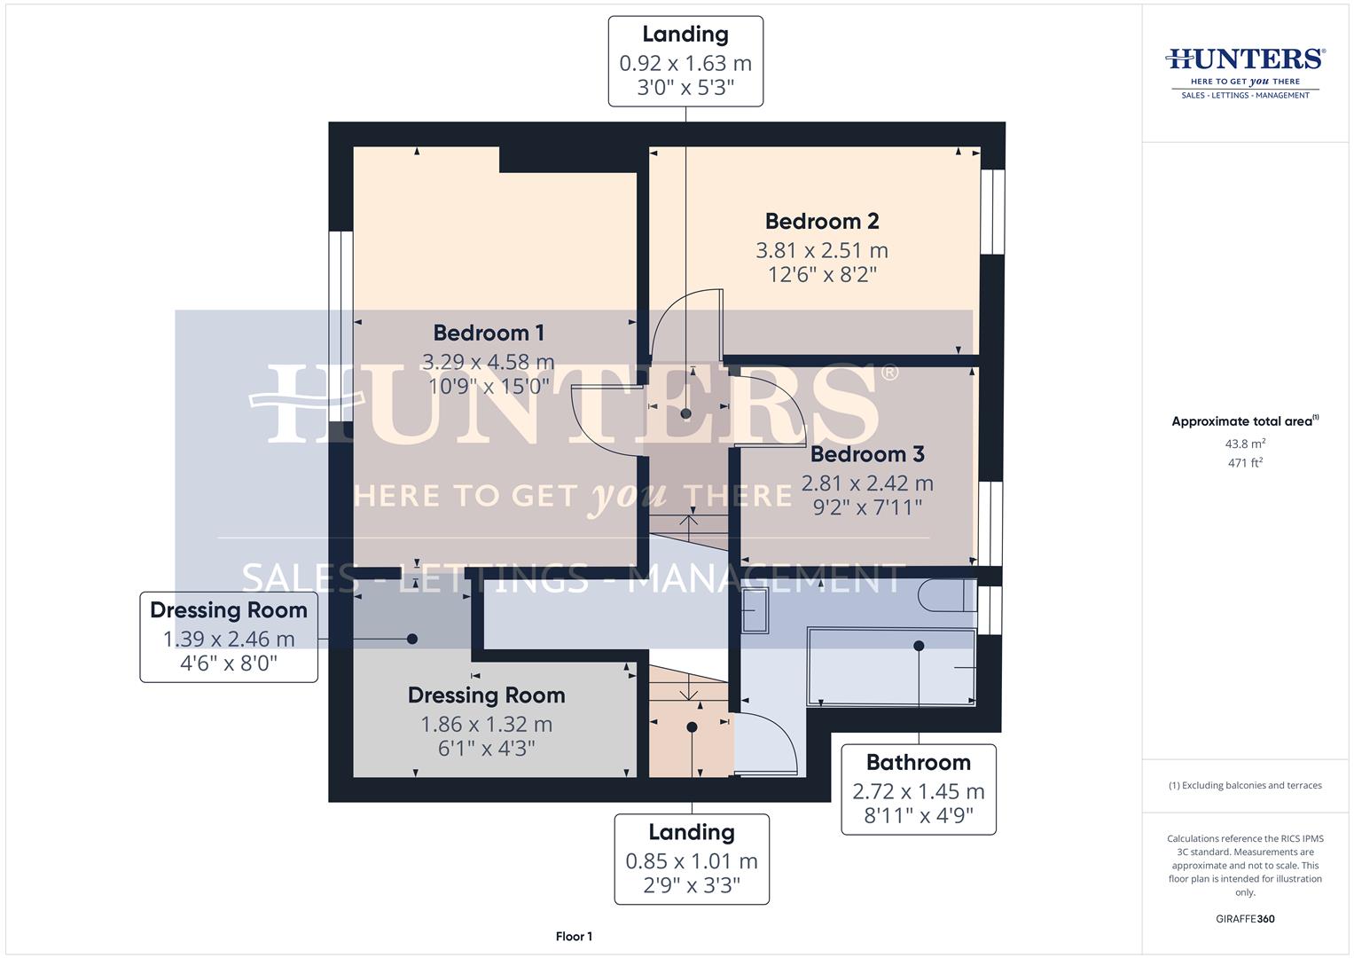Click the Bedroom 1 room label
tap(489, 333)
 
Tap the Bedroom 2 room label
tap(822, 221)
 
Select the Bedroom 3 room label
tap(867, 454)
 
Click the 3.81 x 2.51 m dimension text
tap(822, 250)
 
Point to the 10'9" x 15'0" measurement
tap(489, 386)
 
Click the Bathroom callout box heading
tap(918, 763)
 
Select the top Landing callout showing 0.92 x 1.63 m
tap(685, 61)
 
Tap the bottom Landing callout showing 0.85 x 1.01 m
tap(692, 859)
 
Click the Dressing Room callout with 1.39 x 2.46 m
tap(229, 637)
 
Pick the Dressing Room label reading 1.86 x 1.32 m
tap(486, 723)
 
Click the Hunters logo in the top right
tap(1245, 72)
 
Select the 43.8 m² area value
tap(1245, 444)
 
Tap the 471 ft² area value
tap(1245, 463)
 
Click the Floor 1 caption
tap(574, 937)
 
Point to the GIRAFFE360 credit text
tap(1245, 919)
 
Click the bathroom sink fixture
tap(755, 611)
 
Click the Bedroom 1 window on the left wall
tap(340, 326)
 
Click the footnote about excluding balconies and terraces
tap(1245, 786)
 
